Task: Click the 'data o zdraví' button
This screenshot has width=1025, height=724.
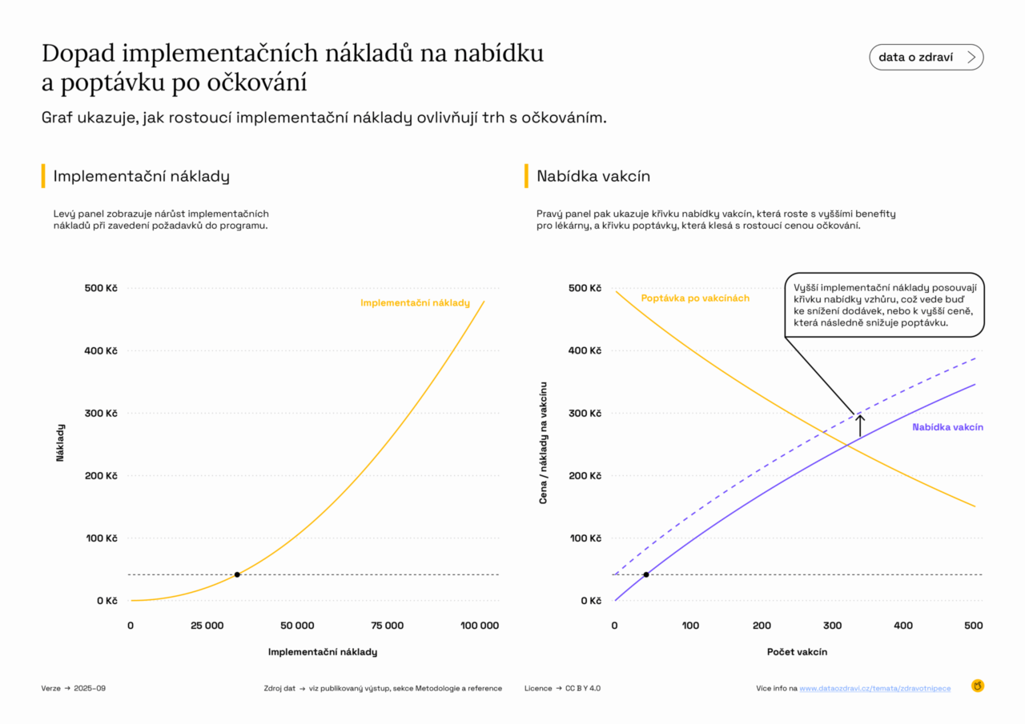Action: click(926, 58)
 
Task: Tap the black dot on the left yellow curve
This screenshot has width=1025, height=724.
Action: click(237, 574)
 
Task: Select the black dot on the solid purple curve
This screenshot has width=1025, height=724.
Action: click(646, 574)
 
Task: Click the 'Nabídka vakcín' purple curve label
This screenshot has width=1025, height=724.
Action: click(947, 427)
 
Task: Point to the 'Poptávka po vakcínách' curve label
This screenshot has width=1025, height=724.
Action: click(695, 298)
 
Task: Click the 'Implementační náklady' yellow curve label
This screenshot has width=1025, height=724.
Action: click(415, 303)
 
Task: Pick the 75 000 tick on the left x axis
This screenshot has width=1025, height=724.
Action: click(388, 626)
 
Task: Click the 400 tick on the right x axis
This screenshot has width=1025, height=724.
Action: click(902, 626)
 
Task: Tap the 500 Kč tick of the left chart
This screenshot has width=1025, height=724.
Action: click(101, 288)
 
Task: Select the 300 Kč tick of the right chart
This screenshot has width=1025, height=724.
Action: click(585, 414)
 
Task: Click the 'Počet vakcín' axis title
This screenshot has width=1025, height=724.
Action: click(797, 652)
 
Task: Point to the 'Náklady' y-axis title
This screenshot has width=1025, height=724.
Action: click(61, 442)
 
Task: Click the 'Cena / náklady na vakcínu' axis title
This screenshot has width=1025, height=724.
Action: click(544, 442)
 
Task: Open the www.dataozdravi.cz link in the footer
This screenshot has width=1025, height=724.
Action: click(875, 688)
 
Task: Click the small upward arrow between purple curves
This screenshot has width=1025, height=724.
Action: click(860, 426)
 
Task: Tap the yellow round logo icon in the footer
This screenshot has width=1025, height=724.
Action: click(977, 686)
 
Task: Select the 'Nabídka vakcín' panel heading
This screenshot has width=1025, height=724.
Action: click(593, 176)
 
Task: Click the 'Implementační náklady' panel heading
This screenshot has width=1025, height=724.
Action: click(141, 176)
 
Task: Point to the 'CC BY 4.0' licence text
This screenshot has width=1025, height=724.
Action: click(583, 688)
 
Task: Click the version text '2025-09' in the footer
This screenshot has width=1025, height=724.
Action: click(89, 688)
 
